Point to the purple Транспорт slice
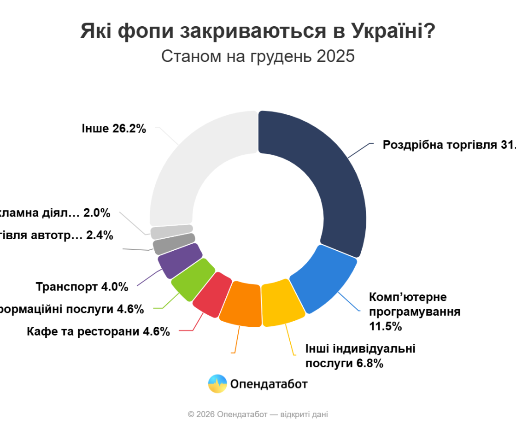coord(180,260)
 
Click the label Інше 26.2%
coord(114,129)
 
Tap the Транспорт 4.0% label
coord(82,287)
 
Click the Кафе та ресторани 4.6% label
coord(98,331)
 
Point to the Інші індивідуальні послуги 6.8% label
coord(360,356)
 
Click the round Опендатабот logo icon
coord(217,383)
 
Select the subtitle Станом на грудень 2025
coord(258,56)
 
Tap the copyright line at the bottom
coord(258,414)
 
